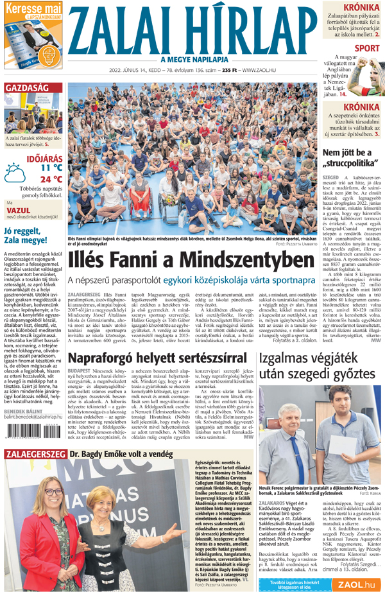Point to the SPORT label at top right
click(366, 48)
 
